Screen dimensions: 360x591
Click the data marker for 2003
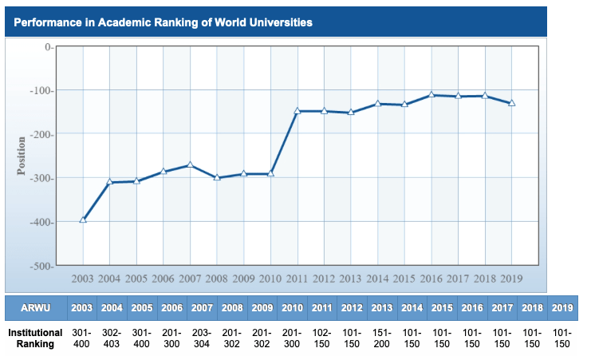point(83,220)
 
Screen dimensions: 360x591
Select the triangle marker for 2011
point(297,111)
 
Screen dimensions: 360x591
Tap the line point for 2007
point(190,164)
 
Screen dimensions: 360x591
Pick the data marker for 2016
point(431,95)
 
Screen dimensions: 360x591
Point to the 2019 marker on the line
point(512,103)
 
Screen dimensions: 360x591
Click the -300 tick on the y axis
point(41,178)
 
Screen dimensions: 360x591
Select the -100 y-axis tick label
point(41,91)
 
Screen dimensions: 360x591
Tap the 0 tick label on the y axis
point(48,47)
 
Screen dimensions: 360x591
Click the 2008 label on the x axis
point(216,279)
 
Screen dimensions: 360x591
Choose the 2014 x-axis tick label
point(377,279)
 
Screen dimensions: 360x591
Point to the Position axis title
point(22,156)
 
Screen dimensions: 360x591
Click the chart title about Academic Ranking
point(163,22)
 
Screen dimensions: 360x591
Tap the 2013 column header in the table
point(383,308)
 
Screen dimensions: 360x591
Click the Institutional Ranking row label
point(35,338)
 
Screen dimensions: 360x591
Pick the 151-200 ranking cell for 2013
point(383,338)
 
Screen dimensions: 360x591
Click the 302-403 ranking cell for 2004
point(112,338)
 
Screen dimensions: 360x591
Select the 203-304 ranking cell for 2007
point(203,338)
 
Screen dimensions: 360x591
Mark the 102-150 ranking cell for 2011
point(323,338)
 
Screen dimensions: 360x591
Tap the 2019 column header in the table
point(562,308)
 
